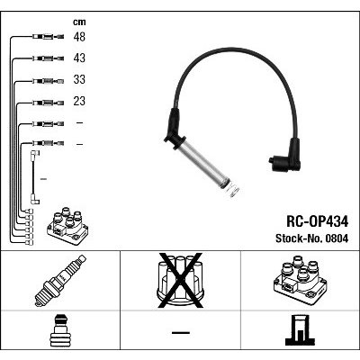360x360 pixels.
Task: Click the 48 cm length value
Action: pyautogui.click(x=79, y=37)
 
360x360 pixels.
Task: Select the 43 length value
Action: pyautogui.click(x=79, y=58)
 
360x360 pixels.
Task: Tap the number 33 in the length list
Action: pyautogui.click(x=79, y=79)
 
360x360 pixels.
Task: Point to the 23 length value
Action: pyautogui.click(x=79, y=101)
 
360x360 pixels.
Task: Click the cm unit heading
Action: pyautogui.click(x=79, y=22)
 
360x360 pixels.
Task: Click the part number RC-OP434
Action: pyautogui.click(x=318, y=222)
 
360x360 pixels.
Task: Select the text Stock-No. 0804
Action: pyautogui.click(x=312, y=238)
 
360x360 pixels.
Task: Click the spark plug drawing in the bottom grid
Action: pyautogui.click(x=60, y=281)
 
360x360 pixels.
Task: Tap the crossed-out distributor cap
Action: pyautogui.click(x=181, y=281)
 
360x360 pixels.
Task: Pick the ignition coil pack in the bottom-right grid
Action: pyautogui.click(x=301, y=281)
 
